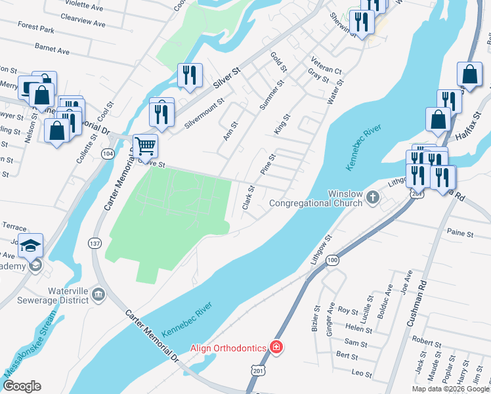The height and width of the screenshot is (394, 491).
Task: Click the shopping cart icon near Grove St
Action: coord(145,145)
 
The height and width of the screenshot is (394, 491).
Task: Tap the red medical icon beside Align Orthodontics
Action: coord(276,347)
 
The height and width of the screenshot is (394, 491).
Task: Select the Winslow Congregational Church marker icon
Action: coord(372,196)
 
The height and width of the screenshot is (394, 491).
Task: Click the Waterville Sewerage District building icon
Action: coord(98,294)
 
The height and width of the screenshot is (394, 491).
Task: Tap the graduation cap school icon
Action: coord(30,246)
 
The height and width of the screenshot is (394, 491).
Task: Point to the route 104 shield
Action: coord(107,153)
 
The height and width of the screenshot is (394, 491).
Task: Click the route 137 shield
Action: coord(95,243)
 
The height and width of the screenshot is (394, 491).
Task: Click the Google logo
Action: coord(22,385)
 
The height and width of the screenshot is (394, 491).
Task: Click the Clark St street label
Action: coord(248,196)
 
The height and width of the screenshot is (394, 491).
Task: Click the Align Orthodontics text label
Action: coord(228,347)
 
